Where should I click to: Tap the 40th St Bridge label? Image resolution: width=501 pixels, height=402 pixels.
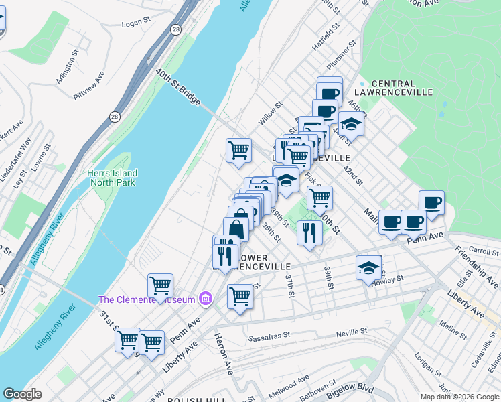click(178, 86)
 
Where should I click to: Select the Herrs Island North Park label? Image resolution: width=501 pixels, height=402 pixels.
click(112, 178)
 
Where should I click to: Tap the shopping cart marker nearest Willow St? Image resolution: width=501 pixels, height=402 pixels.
click(238, 151)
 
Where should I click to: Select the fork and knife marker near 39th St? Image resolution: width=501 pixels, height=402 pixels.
click(309, 232)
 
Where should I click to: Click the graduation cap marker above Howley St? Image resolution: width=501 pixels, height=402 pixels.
click(368, 268)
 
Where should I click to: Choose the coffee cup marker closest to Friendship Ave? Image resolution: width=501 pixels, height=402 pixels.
click(431, 202)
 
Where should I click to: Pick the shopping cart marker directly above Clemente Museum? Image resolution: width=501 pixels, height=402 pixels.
click(160, 285)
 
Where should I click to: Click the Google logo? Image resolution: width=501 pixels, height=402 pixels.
click(22, 394)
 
